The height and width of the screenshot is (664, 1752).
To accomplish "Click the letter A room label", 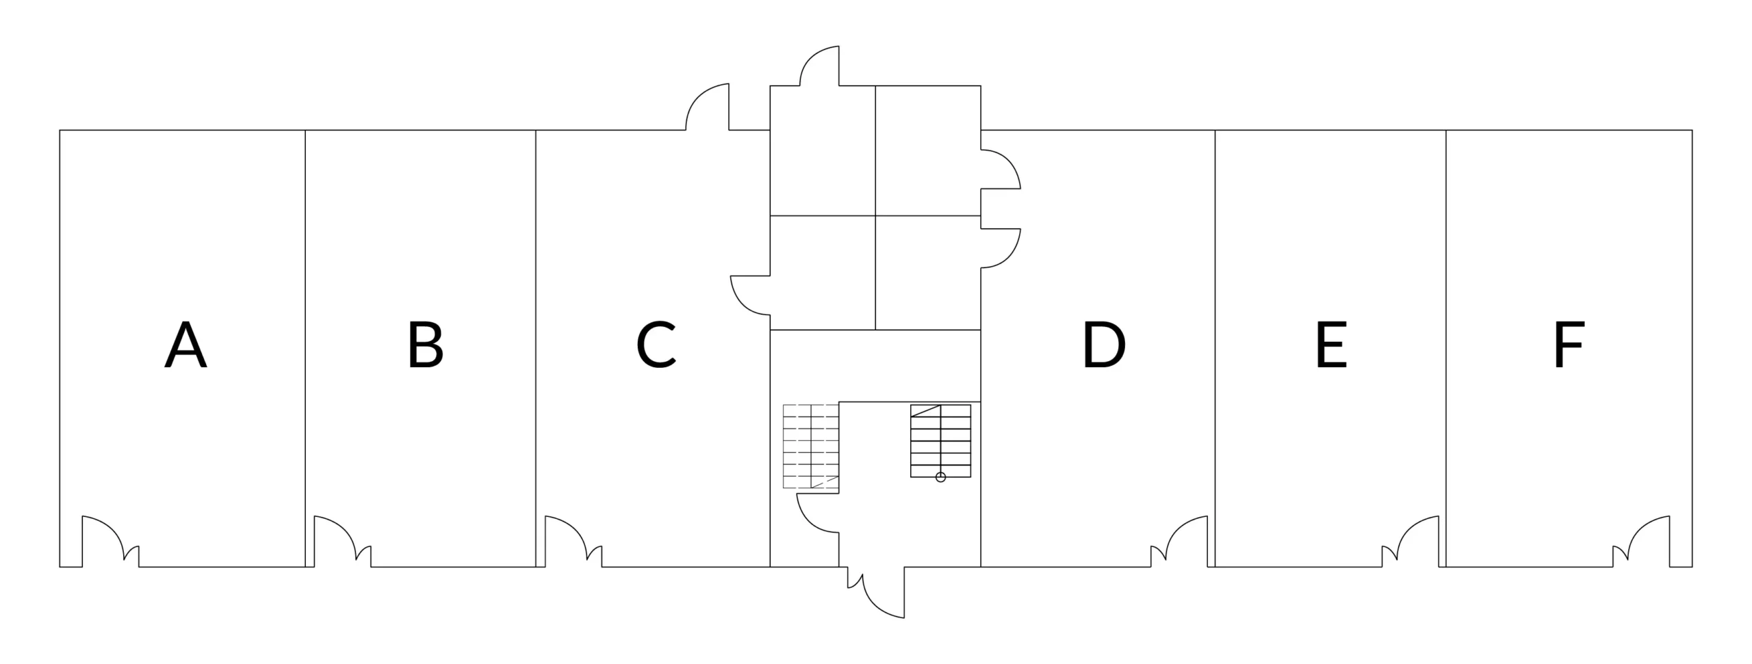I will [185, 345].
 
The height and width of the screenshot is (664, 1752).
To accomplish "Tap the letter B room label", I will [426, 345].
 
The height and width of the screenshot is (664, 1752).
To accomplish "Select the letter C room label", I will [656, 345].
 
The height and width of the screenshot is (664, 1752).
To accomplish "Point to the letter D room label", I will [1103, 345].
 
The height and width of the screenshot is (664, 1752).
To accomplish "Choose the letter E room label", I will [1331, 345].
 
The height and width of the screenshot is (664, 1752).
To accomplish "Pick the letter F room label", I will [1569, 345].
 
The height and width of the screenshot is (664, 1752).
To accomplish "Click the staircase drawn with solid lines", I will [940, 440].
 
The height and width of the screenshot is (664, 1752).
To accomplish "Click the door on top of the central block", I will [821, 67].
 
